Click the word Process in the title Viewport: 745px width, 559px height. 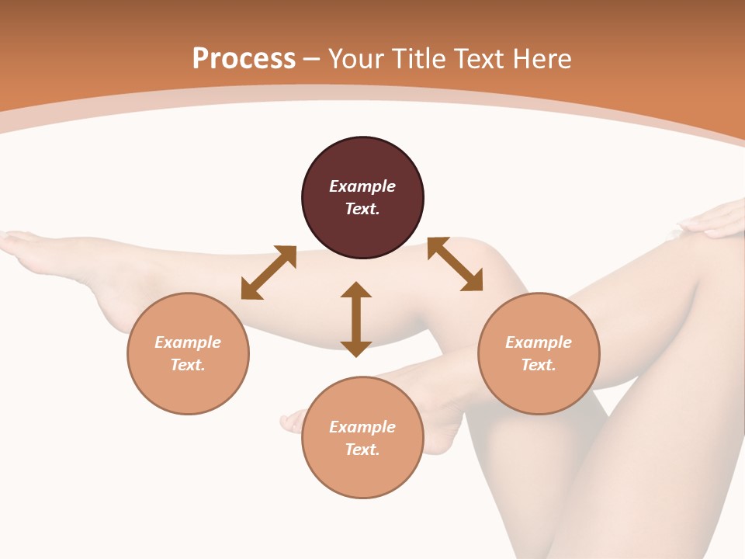[244, 59]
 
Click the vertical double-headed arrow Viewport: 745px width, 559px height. [356, 319]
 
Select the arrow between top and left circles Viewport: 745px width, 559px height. [269, 273]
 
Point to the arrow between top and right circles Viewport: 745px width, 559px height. [455, 264]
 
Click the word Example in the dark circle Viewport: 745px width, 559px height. [362, 186]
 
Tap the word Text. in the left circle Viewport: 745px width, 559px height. [188, 365]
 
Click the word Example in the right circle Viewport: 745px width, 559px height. [539, 342]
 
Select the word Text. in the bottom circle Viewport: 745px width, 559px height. [362, 450]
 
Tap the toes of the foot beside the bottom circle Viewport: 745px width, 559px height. [292, 422]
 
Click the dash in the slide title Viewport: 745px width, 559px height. [312, 60]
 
